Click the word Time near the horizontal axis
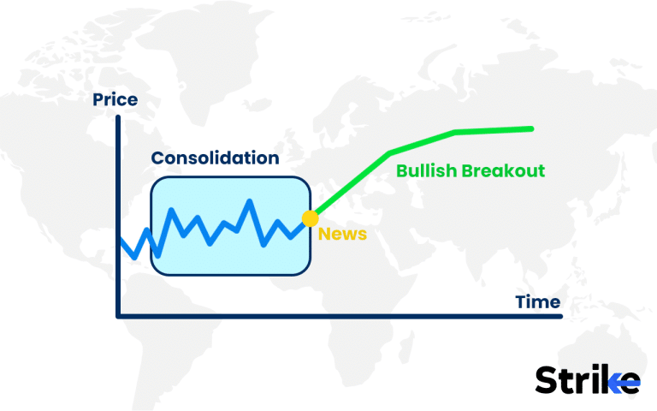pos(537,301)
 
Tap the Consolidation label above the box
pos(215,158)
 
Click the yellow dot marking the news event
pos(311,218)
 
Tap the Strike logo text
pos(587,380)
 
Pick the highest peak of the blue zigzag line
pos(250,202)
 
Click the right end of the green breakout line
pos(531,128)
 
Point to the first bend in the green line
pos(390,153)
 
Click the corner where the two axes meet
pos(118,316)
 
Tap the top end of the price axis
pos(118,116)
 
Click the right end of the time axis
pos(561,316)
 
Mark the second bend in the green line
pos(455,132)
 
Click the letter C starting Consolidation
pos(158,158)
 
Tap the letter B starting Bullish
pos(401,170)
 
